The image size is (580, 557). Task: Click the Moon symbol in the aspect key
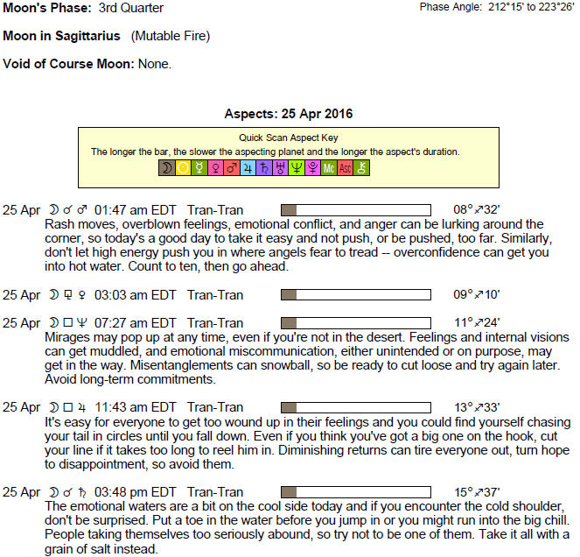point(166,167)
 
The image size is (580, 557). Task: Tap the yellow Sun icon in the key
point(183,167)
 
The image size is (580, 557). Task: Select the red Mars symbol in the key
point(231,167)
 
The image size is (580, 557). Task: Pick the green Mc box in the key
point(329,167)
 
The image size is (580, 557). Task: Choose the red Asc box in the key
point(346,167)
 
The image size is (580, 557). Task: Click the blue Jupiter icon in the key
point(248,167)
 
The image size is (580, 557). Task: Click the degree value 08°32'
point(476,210)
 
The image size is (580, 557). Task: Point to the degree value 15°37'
point(476,491)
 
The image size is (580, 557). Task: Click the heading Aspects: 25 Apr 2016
point(289,115)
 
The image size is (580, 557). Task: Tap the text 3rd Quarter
point(131,8)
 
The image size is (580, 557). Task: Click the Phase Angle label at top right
point(448,8)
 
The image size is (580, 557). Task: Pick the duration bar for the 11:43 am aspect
point(355,407)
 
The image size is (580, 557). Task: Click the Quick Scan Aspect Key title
point(289,137)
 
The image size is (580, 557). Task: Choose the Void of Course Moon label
point(68,64)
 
